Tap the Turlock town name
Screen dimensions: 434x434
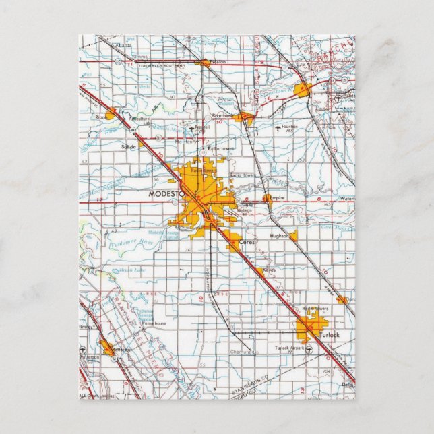pos(329,335)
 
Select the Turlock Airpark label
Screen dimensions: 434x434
pos(289,348)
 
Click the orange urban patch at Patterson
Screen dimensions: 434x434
pos(107,348)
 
